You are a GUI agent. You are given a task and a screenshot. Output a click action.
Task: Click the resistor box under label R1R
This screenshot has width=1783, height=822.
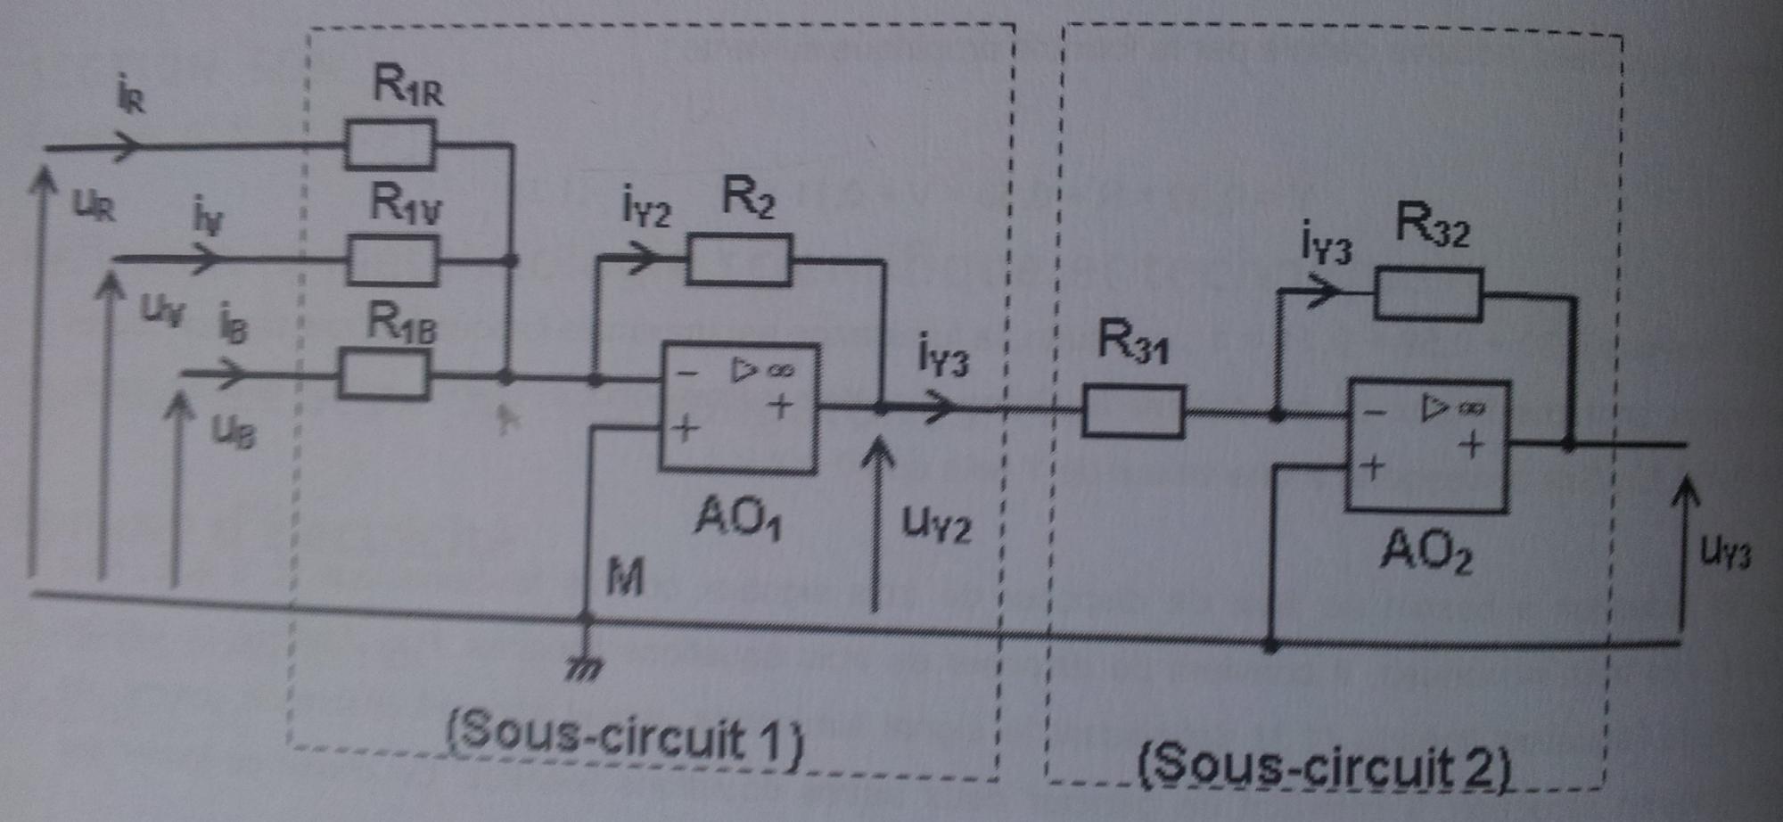click(390, 144)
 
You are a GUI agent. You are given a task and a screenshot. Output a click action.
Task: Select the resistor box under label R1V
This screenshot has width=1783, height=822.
click(391, 259)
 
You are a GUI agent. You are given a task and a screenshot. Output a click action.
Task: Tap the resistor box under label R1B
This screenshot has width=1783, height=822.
click(383, 374)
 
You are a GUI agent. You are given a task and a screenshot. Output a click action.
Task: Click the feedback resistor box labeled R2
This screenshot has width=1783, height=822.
click(738, 259)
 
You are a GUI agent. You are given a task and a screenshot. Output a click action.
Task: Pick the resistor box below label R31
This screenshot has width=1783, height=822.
click(1132, 411)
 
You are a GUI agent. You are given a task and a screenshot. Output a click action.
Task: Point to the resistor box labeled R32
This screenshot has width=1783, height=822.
click(1428, 293)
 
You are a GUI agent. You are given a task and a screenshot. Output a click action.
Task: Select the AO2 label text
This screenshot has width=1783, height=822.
click(1426, 550)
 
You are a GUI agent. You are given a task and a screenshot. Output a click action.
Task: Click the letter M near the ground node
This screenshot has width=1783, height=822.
click(625, 578)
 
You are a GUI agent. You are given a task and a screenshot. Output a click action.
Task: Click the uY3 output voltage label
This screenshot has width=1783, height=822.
click(1725, 552)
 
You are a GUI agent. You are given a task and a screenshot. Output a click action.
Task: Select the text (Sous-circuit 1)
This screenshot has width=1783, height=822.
click(624, 736)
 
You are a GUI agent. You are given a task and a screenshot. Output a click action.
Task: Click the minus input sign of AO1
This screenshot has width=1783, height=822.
click(686, 373)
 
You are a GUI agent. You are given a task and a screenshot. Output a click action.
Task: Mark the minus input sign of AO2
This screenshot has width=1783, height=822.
click(1375, 412)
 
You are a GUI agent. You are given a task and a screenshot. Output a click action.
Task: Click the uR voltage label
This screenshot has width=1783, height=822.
click(94, 205)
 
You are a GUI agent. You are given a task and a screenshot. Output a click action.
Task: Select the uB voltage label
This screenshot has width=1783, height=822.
click(234, 432)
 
